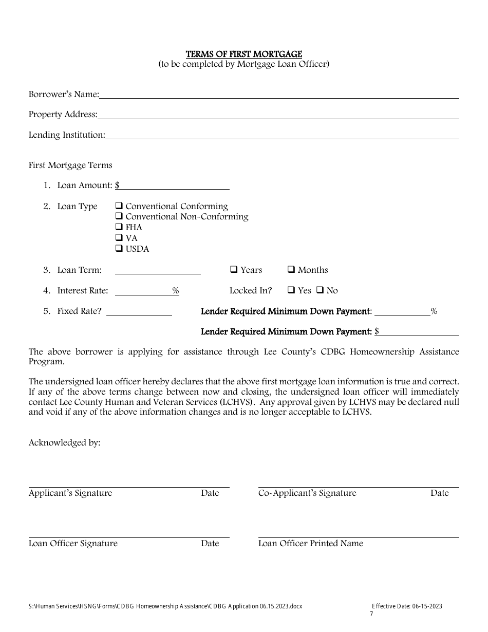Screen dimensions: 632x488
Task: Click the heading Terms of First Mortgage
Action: pos(243,54)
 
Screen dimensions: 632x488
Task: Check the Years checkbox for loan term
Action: pos(234,269)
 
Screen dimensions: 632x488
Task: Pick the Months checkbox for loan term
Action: pos(291,269)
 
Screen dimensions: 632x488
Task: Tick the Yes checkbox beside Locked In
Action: pos(291,290)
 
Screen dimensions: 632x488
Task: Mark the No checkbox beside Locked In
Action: pos(320,290)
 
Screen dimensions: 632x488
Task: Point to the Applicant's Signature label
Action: pos(70,493)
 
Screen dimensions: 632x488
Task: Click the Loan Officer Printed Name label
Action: pos(310,544)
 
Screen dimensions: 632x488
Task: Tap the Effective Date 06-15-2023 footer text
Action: pos(407,606)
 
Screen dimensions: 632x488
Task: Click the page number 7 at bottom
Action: pos(372,614)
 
